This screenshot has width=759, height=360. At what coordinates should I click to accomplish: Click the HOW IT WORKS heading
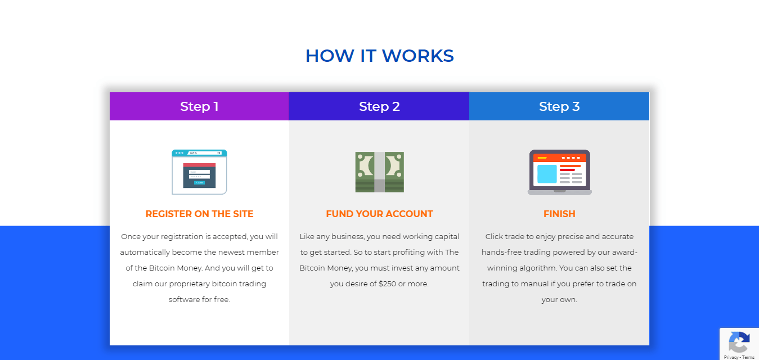[379, 56]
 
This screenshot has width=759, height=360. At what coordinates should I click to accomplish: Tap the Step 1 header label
[199, 106]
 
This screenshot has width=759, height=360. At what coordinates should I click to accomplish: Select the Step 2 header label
[379, 106]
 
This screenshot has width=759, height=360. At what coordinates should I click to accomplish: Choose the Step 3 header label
[559, 106]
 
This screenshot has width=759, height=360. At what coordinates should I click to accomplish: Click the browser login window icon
[199, 172]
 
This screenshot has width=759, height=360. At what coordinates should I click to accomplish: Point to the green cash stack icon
[379, 172]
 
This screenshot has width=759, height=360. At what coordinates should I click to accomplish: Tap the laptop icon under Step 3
[559, 172]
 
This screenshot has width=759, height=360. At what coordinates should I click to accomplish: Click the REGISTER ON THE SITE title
[199, 214]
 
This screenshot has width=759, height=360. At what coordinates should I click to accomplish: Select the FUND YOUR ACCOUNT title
[379, 214]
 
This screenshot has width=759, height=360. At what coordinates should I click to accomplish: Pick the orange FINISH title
[559, 214]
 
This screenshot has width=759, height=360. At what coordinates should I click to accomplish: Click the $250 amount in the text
[387, 284]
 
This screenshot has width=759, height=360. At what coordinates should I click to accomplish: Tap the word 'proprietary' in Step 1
[190, 284]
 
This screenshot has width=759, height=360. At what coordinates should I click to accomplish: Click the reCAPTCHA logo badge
[739, 343]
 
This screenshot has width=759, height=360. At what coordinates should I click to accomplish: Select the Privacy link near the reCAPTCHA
[731, 357]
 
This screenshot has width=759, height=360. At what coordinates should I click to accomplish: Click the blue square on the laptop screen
[547, 174]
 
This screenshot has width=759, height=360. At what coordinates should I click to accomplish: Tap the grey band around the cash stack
[379, 172]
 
